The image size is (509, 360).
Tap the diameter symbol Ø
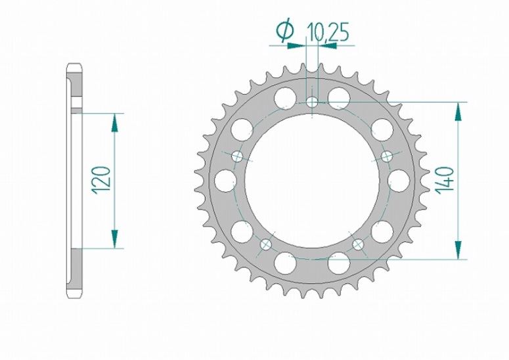285,30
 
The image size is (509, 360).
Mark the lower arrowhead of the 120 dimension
116,240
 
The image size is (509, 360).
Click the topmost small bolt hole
313,102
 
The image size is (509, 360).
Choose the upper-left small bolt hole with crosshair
237,156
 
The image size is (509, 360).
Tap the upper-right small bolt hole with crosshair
387,156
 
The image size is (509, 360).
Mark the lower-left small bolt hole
266,244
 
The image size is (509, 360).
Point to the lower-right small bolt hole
359,244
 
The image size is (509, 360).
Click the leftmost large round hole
224,179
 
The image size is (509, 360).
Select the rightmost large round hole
400,179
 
